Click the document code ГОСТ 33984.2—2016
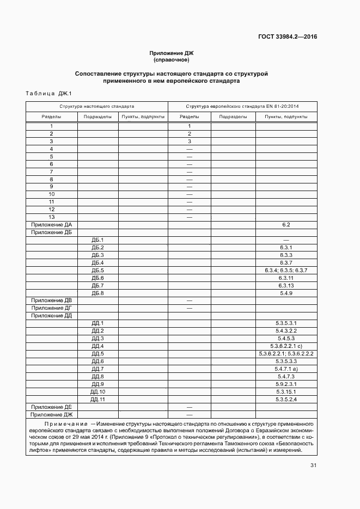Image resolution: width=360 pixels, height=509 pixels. (x=288, y=37)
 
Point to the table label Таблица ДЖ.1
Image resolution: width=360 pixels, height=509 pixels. (x=49, y=94)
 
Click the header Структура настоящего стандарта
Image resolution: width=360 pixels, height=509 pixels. (x=97, y=107)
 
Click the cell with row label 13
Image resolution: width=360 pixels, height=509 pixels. (x=51, y=217)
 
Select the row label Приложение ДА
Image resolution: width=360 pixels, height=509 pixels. (x=51, y=225)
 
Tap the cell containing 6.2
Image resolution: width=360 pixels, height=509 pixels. (x=286, y=225)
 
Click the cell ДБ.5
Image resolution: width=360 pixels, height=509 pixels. (x=97, y=271)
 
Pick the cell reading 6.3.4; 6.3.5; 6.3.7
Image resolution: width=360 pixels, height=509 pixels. (x=286, y=271)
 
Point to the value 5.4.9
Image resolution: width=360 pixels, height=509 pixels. (x=286, y=293)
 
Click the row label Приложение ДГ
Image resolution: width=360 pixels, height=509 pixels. (x=51, y=308)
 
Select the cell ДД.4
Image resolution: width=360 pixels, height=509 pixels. (x=97, y=346)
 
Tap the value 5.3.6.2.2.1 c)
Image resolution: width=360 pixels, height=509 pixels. (x=286, y=346)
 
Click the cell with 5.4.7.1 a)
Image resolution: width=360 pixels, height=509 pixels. (x=286, y=369)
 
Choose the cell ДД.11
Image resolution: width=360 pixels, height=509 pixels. (x=97, y=400)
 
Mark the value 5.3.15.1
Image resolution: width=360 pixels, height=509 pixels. (x=286, y=392)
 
